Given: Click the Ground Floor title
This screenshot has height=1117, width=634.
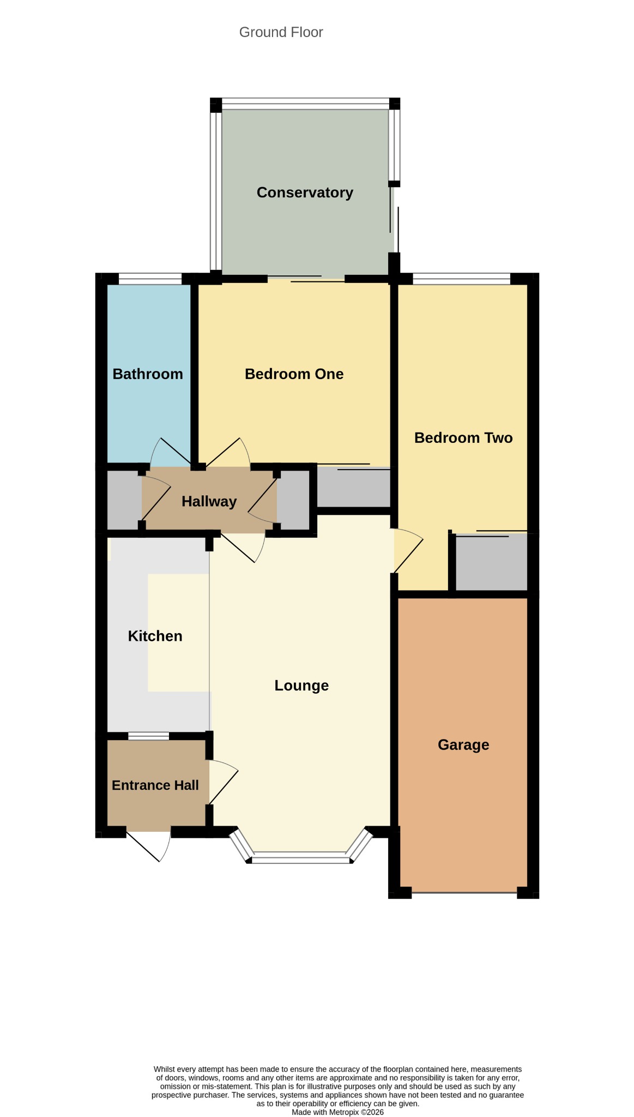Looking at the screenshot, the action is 281,33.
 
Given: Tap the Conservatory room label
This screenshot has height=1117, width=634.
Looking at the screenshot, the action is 305,193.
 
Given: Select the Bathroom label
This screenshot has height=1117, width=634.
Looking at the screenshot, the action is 148,374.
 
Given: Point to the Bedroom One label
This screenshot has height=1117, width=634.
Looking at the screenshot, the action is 294,374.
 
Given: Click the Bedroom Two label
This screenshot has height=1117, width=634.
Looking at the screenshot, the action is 463,438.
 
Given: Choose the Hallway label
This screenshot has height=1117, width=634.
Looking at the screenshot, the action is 209,502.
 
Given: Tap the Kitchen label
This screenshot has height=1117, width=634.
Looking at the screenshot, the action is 155,636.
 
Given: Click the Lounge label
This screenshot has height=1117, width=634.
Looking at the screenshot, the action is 301,686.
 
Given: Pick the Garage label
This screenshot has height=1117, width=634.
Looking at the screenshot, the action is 463,745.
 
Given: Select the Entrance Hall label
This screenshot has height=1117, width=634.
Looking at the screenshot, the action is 155,785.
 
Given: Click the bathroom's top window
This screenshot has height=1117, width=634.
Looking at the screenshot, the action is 150,279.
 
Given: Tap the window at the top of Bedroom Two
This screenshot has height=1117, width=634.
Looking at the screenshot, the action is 462,279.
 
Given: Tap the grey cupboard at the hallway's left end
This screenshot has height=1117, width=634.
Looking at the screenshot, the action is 124,500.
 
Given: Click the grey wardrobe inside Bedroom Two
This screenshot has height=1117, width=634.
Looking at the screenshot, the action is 491,562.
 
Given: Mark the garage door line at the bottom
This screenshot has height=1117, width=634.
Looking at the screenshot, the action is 464,893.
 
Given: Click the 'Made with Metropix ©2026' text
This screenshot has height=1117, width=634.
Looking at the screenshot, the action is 337,1112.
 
